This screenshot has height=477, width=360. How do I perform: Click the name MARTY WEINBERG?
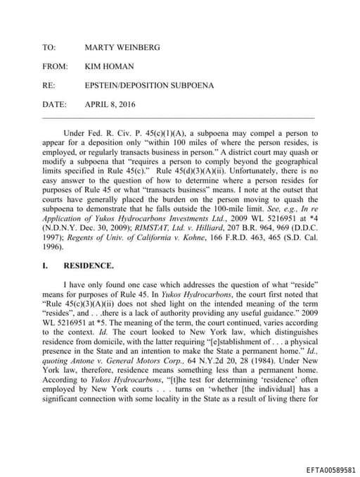click(122, 47)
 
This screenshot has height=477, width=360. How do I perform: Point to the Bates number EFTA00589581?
click(331, 469)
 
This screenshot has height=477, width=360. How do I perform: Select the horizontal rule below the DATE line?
click(178, 117)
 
